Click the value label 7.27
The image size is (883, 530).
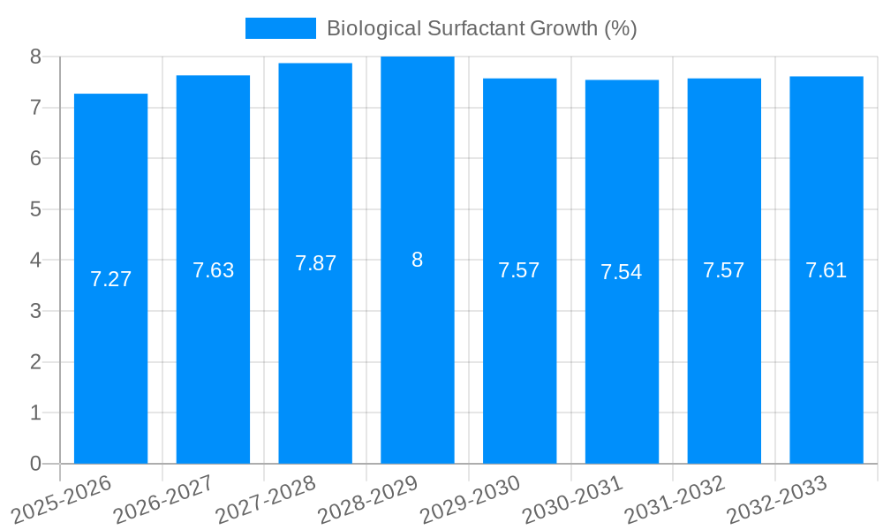pyautogui.click(x=110, y=279)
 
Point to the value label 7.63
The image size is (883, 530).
pyautogui.click(x=213, y=270)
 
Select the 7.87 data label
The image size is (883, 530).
pyautogui.click(x=315, y=263)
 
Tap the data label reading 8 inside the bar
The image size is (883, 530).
pyautogui.click(x=418, y=260)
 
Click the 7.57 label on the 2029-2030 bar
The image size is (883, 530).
pyautogui.click(x=519, y=270)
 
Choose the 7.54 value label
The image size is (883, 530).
pyautogui.click(x=622, y=272)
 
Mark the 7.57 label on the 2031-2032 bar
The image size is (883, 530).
pyautogui.click(x=724, y=270)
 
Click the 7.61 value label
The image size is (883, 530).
pyautogui.click(x=826, y=270)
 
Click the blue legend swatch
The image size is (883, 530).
pyautogui.click(x=280, y=28)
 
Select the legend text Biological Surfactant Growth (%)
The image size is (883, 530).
pyautogui.click(x=481, y=28)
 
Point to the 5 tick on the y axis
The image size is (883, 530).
pyautogui.click(x=36, y=209)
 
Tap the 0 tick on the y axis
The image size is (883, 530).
pyautogui.click(x=36, y=464)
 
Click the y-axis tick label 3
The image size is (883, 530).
pyautogui.click(x=36, y=311)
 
